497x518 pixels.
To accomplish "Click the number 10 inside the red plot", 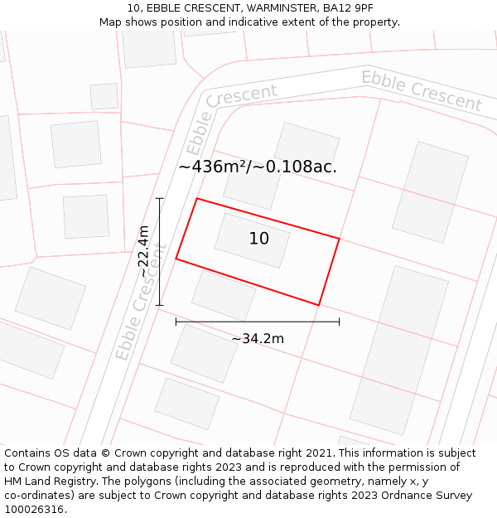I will [259, 239].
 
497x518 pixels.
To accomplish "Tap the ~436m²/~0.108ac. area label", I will [258, 167].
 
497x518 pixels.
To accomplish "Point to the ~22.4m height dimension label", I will [144, 251].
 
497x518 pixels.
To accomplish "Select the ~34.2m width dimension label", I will [258, 338].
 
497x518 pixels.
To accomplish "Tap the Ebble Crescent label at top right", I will [421, 91].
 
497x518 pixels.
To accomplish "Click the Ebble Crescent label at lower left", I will [141, 303].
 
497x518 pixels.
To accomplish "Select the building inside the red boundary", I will [252, 240].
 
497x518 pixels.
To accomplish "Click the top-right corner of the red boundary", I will [339, 239].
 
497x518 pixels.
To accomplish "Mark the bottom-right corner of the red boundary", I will [319, 305].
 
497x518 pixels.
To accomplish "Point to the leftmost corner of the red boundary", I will [176, 259].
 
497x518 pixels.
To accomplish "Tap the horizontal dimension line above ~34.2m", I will [258, 322].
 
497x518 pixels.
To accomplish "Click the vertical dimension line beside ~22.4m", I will [160, 251].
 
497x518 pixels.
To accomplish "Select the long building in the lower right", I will [399, 350].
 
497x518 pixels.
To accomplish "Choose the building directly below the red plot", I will [224, 295].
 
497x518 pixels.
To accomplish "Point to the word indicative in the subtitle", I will [284, 22].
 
